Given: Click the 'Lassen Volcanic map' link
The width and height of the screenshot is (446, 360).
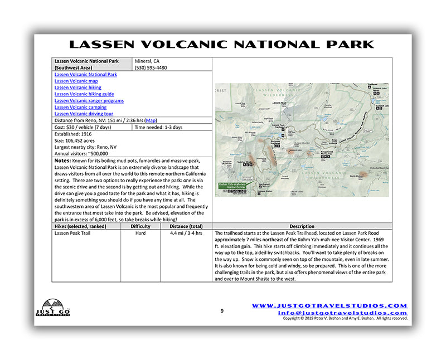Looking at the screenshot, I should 76,81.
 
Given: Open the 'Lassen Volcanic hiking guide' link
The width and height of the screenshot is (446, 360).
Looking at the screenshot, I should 84,94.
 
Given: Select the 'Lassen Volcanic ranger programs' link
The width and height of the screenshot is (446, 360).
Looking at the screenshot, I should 89,101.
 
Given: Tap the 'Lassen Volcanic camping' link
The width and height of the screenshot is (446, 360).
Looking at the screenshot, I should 80,107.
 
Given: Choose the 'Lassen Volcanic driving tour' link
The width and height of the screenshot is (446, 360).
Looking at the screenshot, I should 84,114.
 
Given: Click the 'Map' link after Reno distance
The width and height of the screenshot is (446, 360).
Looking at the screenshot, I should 151,120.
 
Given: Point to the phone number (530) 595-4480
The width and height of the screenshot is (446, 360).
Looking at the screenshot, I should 151,67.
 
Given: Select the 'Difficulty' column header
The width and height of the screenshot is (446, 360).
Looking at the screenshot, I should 140,226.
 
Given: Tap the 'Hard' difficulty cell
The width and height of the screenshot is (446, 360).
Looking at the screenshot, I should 140,233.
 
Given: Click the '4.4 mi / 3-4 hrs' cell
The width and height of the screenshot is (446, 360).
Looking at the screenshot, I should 187,233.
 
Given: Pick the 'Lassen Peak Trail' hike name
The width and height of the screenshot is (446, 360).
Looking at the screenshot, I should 72,233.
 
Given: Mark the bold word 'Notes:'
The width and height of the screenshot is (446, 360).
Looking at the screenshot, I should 62,160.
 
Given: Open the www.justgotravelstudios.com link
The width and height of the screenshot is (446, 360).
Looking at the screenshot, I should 329,305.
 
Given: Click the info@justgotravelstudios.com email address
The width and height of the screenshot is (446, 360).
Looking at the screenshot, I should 343,313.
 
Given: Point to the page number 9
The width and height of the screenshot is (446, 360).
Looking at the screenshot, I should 222,311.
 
